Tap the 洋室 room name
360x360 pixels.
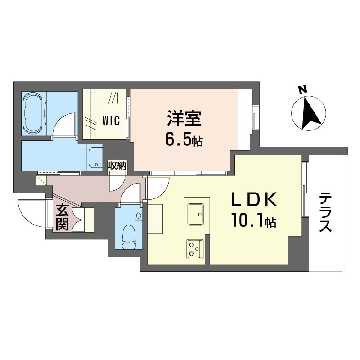(x=184, y=120)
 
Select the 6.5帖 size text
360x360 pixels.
(x=184, y=140)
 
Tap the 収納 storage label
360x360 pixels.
(x=117, y=165)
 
